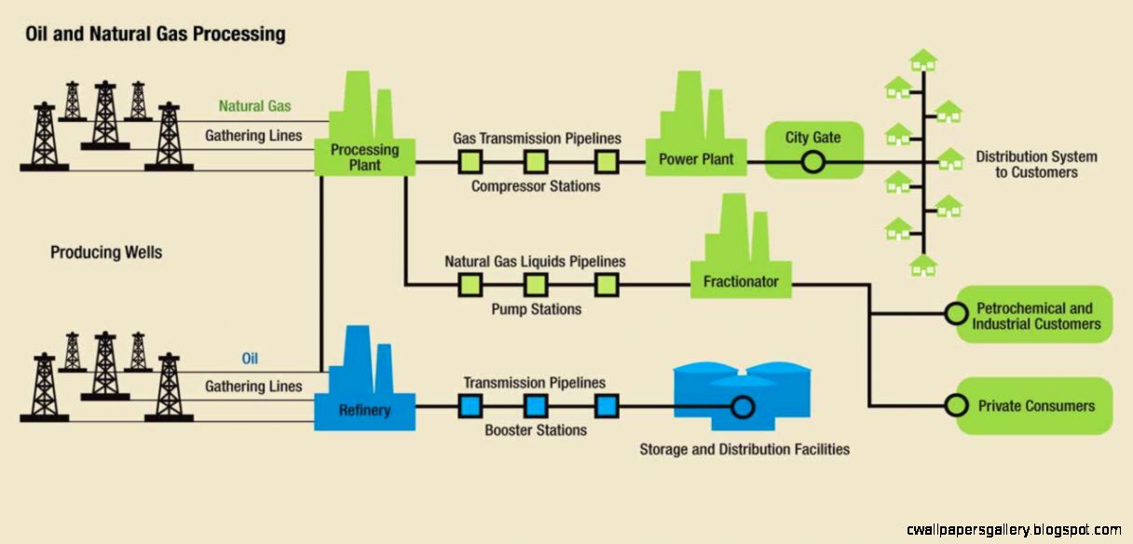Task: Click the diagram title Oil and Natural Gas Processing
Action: click(154, 34)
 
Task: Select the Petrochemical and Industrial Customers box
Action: click(1035, 315)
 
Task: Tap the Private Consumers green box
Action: click(1035, 405)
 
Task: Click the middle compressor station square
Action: click(535, 163)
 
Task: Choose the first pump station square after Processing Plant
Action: click(470, 284)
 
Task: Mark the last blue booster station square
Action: click(606, 406)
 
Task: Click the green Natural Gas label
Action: click(254, 106)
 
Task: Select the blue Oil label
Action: click(250, 359)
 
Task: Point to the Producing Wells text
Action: click(105, 252)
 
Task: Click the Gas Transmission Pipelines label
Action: click(537, 138)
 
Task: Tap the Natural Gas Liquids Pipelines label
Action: click(535, 262)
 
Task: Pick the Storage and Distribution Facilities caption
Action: click(744, 450)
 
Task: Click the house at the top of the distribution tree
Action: click(923, 61)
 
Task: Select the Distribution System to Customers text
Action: click(1036, 165)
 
